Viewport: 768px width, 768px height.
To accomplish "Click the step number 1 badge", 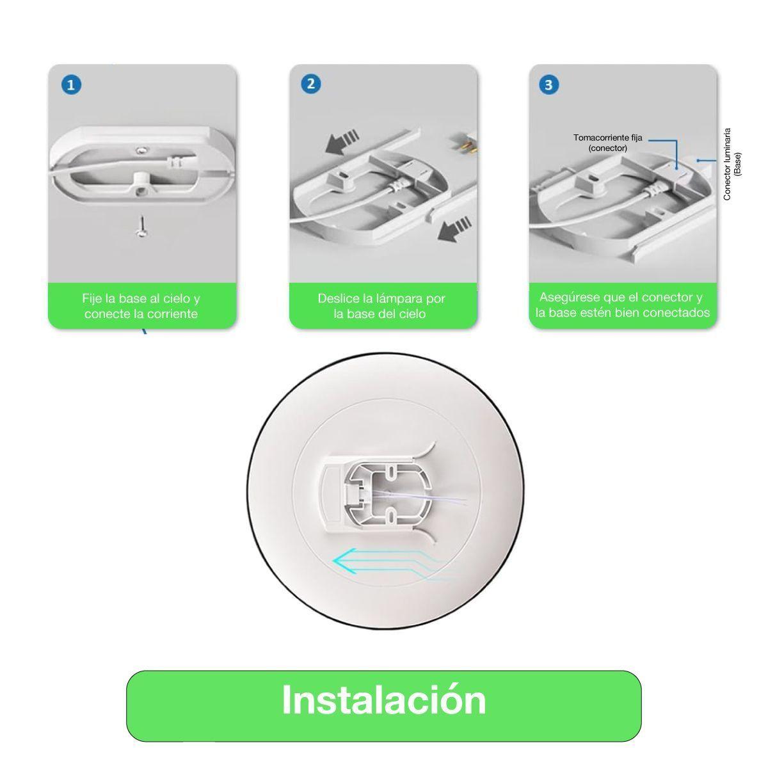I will pyautogui.click(x=71, y=84).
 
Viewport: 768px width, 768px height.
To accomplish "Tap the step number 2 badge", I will pyautogui.click(x=311, y=84).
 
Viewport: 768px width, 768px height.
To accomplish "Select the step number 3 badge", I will pyautogui.click(x=549, y=84).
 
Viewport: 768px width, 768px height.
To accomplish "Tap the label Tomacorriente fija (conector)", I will pyautogui.click(x=600, y=143).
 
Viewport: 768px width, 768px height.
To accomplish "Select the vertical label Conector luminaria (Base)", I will pyautogui.click(x=732, y=164).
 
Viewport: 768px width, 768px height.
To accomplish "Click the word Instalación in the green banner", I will pyautogui.click(x=383, y=700).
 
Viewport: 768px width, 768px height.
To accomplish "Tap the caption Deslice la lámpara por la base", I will pyautogui.click(x=381, y=306).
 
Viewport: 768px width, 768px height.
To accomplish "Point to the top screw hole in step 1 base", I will pyautogui.click(x=140, y=149).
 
